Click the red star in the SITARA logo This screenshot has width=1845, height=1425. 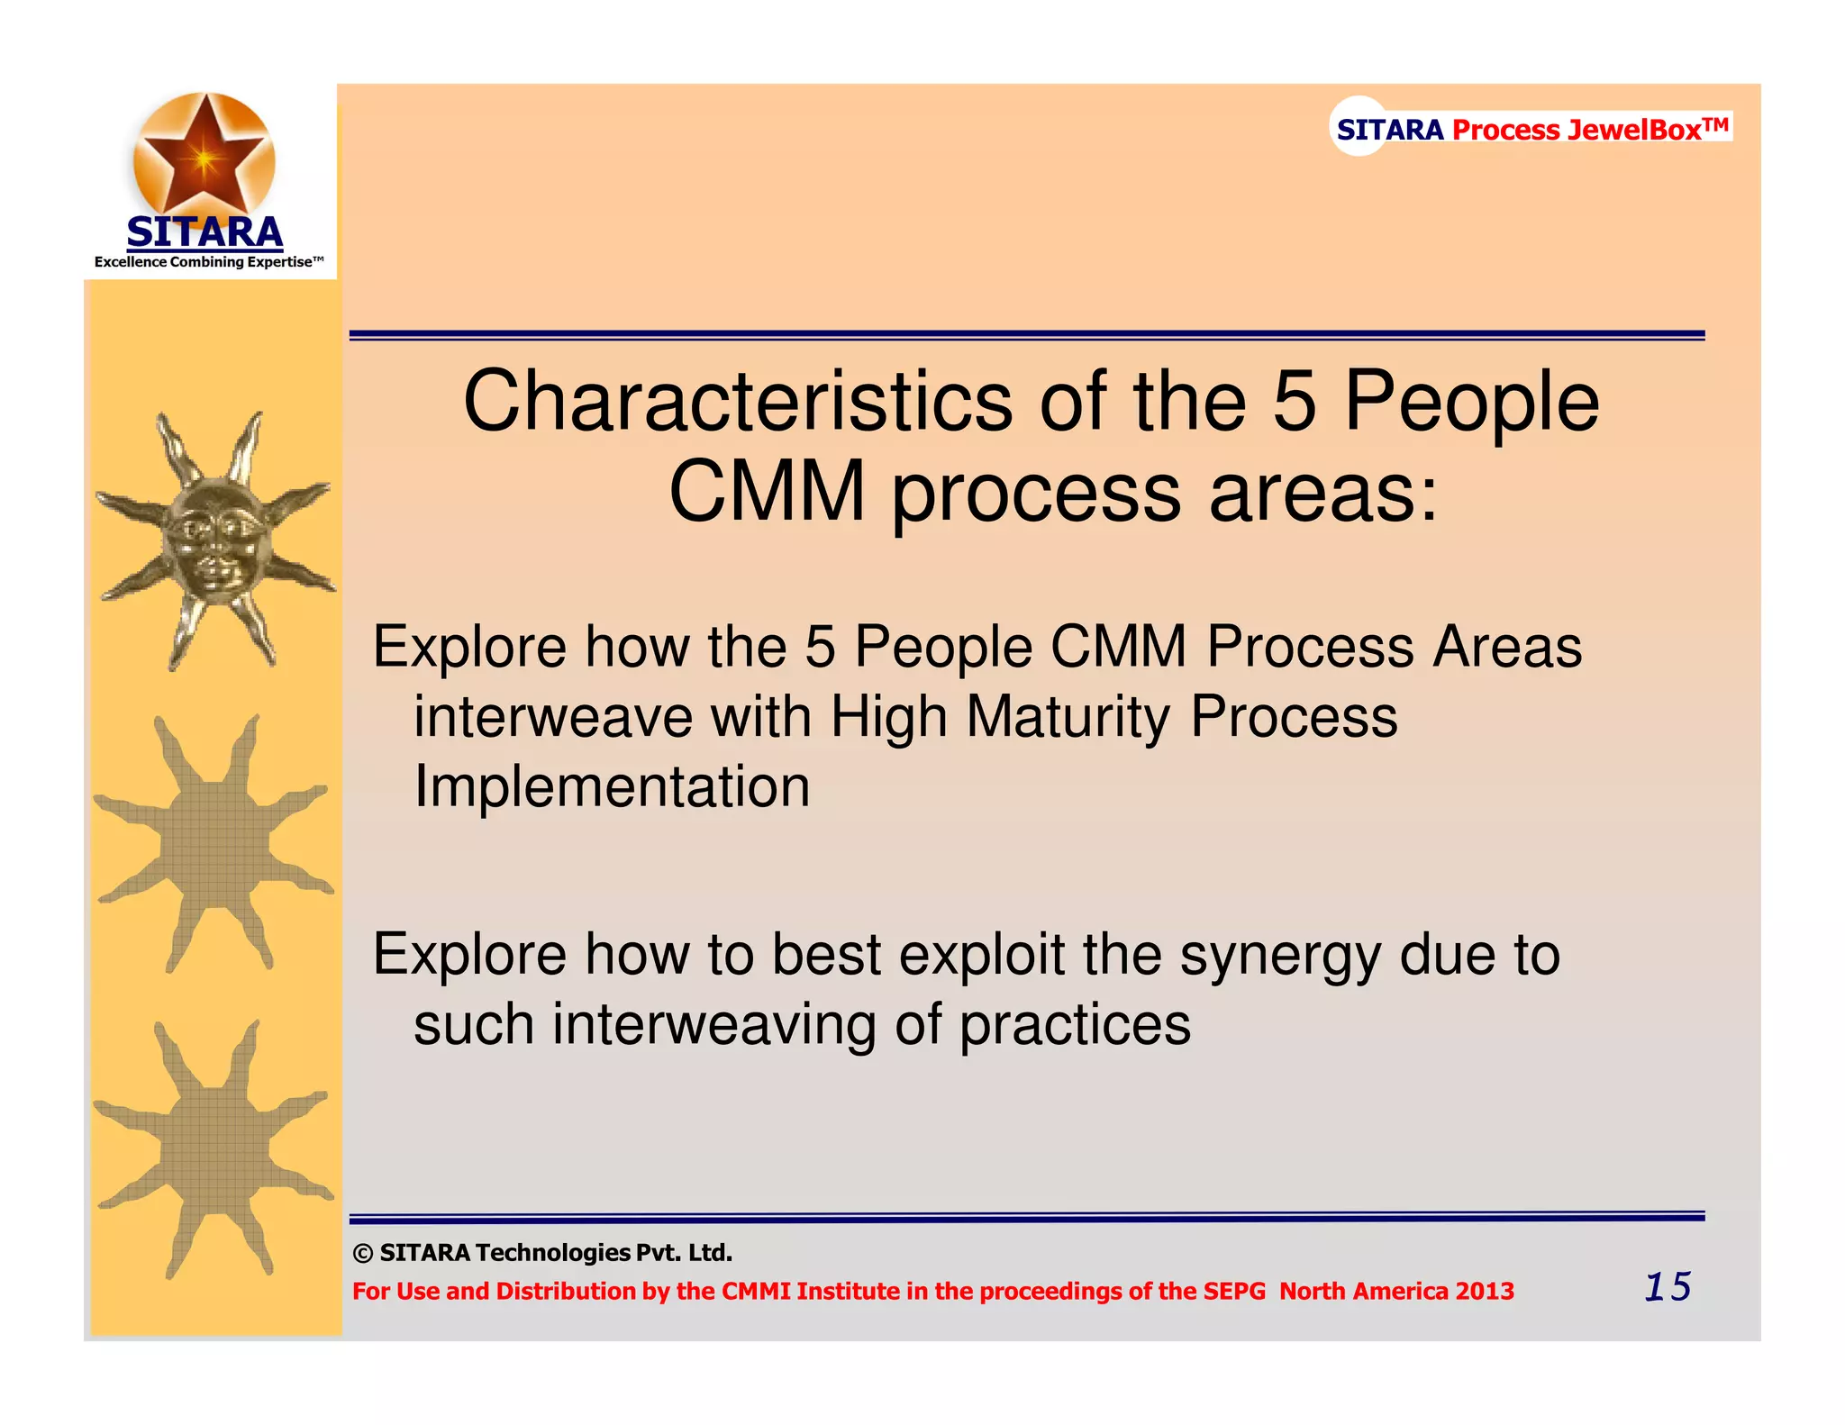click(x=204, y=155)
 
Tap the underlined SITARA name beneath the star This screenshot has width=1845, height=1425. click(x=204, y=233)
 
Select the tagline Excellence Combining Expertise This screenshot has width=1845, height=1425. click(x=208, y=262)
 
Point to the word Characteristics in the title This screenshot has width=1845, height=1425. click(x=737, y=402)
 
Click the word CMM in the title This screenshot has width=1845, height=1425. click(x=767, y=493)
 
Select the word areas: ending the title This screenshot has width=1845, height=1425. click(x=1323, y=493)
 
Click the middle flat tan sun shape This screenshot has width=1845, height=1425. click(x=214, y=845)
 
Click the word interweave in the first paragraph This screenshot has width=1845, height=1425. click(x=551, y=717)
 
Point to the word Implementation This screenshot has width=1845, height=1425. click(x=612, y=786)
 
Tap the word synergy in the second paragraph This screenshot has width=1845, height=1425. click(x=1279, y=955)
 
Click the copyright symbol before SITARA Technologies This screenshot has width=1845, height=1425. click(x=363, y=1254)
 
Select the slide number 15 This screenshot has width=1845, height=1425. click(x=1668, y=1286)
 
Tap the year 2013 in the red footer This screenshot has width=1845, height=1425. click(x=1485, y=1292)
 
